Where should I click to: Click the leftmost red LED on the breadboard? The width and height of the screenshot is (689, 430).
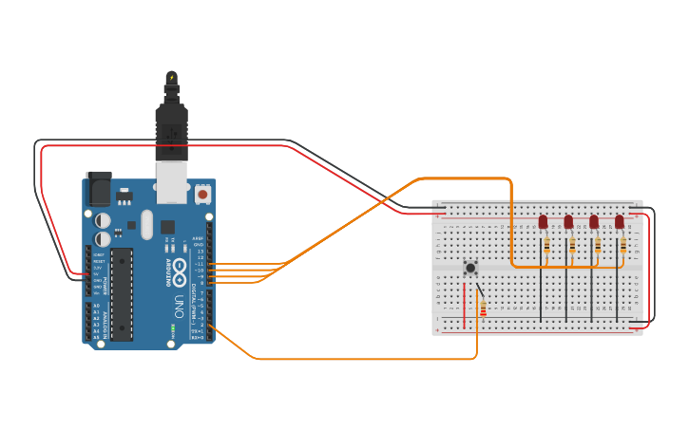tap(543, 222)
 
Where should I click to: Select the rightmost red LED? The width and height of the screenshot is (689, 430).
tap(620, 222)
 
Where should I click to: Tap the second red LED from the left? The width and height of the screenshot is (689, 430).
tap(568, 222)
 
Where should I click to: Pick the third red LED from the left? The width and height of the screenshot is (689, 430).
tap(594, 222)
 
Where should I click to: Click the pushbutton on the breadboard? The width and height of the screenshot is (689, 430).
tap(470, 268)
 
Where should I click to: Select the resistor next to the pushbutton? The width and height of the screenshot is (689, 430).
tap(483, 308)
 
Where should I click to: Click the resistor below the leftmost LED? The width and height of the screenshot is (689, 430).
tap(546, 246)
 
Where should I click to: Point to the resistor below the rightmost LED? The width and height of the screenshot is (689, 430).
tap(622, 246)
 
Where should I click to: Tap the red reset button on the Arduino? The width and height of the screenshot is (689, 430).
tap(202, 194)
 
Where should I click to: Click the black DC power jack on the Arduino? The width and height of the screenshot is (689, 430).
tap(98, 190)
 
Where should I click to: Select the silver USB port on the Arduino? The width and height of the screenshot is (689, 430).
tap(172, 186)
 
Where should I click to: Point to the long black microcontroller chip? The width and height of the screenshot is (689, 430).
tap(122, 293)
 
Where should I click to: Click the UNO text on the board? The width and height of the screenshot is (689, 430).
tap(179, 307)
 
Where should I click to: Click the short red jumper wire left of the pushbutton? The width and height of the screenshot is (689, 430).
tap(465, 304)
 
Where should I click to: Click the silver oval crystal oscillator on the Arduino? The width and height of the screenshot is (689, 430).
tap(146, 224)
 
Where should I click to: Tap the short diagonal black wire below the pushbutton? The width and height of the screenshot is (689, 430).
tap(481, 290)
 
